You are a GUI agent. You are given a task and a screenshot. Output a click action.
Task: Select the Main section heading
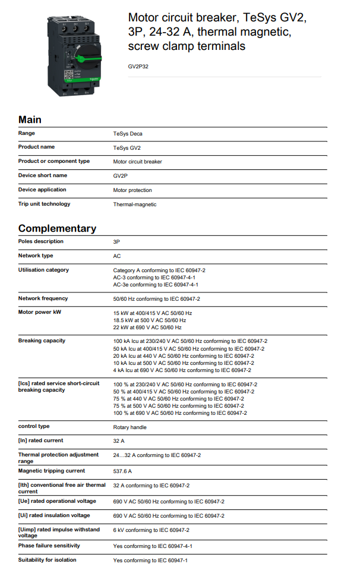pyautogui.click(x=30, y=119)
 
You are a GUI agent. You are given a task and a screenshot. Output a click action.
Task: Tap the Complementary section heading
pyautogui.click(x=57, y=228)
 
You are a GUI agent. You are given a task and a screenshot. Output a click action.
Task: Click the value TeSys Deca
pyautogui.click(x=128, y=134)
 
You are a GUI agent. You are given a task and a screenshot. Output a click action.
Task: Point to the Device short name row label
pyautogui.click(x=43, y=175)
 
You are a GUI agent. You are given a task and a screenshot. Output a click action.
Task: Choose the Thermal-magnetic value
pyautogui.click(x=135, y=204)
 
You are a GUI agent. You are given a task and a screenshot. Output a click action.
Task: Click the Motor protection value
pyautogui.click(x=132, y=190)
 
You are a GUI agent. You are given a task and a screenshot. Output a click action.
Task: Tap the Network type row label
pyautogui.click(x=36, y=256)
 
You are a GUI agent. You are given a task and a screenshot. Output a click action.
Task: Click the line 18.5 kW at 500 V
pyautogui.click(x=150, y=320)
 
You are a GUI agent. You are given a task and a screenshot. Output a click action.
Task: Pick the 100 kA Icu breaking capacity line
pyautogui.click(x=190, y=341)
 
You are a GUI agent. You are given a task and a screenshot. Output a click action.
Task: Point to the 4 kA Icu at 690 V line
pyautogui.click(x=182, y=370)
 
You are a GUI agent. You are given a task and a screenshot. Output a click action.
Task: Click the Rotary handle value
pyautogui.click(x=130, y=427)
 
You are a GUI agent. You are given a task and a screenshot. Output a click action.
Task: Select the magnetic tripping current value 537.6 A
pyautogui.click(x=122, y=471)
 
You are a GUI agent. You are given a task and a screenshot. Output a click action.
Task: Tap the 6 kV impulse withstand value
pyautogui.click(x=151, y=530)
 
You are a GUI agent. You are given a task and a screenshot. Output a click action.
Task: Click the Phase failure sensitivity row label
pyautogui.click(x=49, y=546)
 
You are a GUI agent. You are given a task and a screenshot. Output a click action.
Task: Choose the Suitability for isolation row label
pyautogui.click(x=48, y=560)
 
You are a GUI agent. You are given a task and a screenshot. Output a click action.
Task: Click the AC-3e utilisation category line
pyautogui.click(x=156, y=285)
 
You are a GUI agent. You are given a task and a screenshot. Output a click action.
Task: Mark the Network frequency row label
pyautogui.click(x=43, y=298)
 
